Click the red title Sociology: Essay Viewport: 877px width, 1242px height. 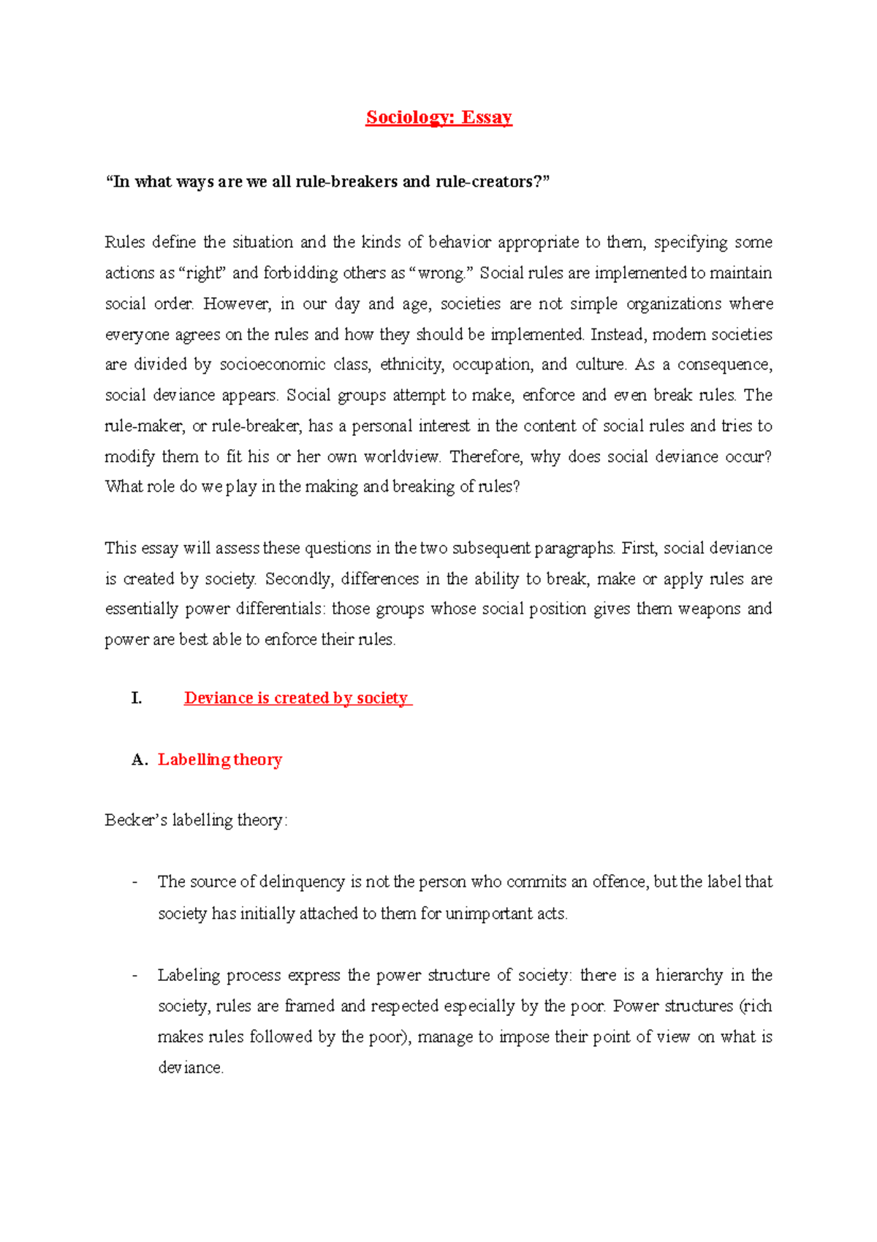point(438,117)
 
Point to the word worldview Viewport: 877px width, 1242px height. point(402,456)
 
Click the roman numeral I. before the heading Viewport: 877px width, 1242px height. point(136,698)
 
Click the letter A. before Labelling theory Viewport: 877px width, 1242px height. point(140,759)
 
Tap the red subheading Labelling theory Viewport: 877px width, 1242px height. point(220,759)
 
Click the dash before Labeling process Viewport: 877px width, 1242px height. point(135,975)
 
